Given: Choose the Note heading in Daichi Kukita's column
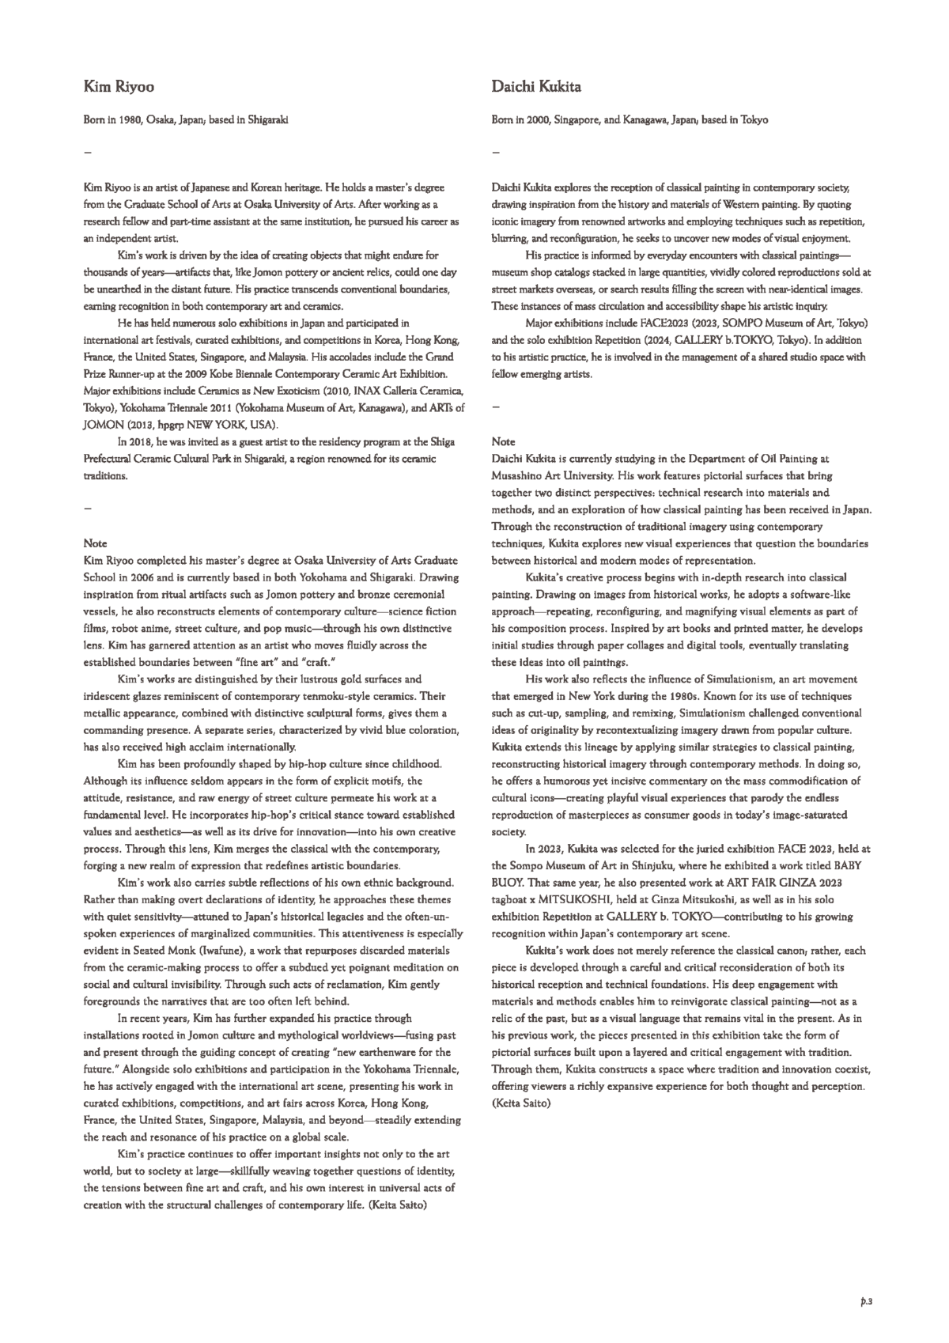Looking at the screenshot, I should pyautogui.click(x=503, y=441).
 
